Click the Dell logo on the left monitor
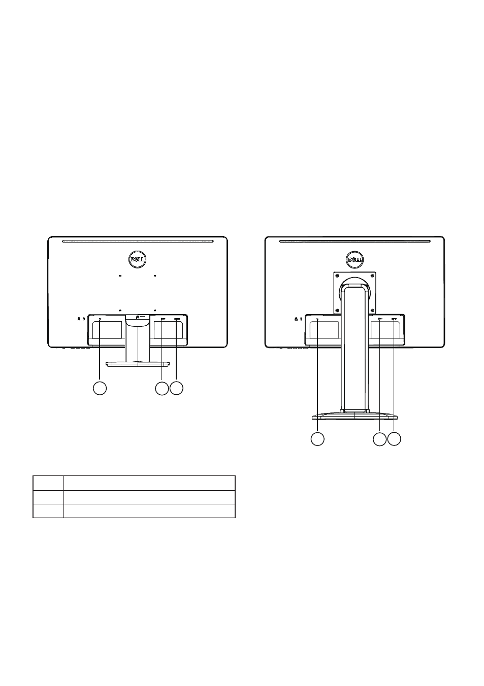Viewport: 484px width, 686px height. pyautogui.click(x=137, y=260)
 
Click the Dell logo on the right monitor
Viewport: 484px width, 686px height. pyautogui.click(x=354, y=260)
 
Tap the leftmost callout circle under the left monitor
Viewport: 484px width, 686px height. pyautogui.click(x=100, y=388)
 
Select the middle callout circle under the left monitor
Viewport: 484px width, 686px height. pyautogui.click(x=162, y=388)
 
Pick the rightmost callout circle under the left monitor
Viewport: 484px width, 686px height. pyautogui.click(x=177, y=388)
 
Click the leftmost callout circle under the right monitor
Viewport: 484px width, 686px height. pyautogui.click(x=317, y=439)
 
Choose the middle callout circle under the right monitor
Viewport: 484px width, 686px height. pyautogui.click(x=380, y=439)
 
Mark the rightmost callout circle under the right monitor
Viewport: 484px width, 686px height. pyautogui.click(x=394, y=439)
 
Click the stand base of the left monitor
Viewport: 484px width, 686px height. pyautogui.click(x=138, y=364)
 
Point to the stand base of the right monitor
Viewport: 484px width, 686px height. pyautogui.click(x=354, y=416)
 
